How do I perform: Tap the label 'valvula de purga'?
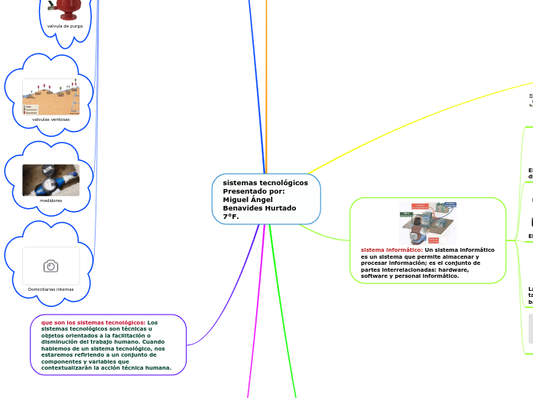click(65, 26)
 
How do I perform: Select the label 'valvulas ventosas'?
click(50, 119)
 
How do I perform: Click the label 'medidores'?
click(50, 201)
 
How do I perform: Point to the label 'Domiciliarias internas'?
click(50, 289)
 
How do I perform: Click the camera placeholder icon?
click(50, 266)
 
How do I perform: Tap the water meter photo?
click(50, 179)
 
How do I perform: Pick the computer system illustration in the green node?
click(427, 223)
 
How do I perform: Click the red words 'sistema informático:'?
click(391, 250)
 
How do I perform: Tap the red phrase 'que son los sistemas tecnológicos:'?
click(93, 322)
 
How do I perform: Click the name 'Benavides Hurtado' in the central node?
click(259, 208)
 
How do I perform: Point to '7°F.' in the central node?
click(231, 217)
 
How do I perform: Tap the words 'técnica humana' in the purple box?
click(149, 367)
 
